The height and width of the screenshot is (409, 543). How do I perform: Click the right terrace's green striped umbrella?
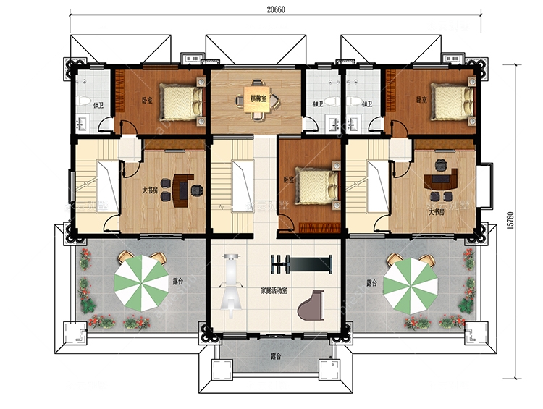tap(410, 282)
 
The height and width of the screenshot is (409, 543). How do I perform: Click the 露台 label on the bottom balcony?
tap(276, 356)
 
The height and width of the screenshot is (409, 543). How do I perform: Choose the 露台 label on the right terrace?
tap(372, 282)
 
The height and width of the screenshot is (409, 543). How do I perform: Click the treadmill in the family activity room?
tap(231, 284)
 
